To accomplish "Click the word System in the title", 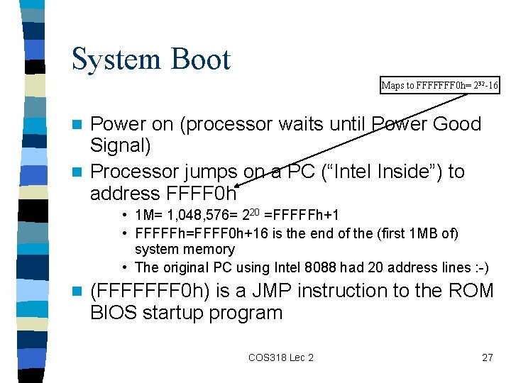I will point(114,60).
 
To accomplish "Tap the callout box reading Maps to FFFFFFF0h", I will point(440,86).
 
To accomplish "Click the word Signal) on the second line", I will point(121,146).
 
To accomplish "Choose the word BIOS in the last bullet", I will point(114,313).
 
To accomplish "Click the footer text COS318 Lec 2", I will point(280,357).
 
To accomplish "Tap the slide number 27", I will point(487,357).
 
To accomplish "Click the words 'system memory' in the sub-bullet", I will point(185,249).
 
